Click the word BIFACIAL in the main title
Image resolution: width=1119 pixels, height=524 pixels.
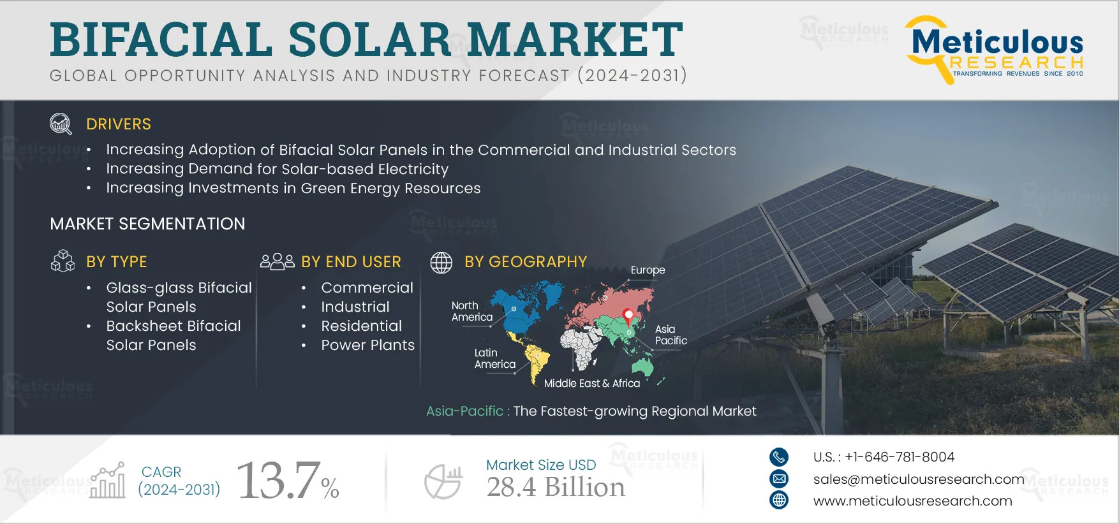tap(162, 40)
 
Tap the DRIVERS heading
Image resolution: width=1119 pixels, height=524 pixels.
tap(119, 124)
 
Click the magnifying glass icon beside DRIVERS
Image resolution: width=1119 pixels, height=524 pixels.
tap(61, 124)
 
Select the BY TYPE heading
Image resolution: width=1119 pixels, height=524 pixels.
tap(117, 262)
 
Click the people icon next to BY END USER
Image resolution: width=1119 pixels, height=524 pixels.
tap(277, 261)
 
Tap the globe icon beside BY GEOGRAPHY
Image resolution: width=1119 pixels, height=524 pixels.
tap(441, 262)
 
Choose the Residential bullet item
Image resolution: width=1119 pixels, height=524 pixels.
tap(362, 326)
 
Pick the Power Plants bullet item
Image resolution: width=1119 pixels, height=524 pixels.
tap(368, 345)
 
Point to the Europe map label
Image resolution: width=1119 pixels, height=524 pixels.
tap(648, 270)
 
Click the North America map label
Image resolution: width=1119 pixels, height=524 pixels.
tap(472, 311)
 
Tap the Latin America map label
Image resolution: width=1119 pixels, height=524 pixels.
tap(494, 358)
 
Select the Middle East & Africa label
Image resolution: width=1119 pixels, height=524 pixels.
tap(592, 383)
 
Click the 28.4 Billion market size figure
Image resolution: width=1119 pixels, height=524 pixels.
tap(556, 488)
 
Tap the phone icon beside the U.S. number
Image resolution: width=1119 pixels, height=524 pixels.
tap(779, 457)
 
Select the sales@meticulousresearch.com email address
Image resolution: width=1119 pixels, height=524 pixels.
tap(919, 479)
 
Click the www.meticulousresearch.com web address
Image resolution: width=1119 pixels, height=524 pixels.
tap(913, 501)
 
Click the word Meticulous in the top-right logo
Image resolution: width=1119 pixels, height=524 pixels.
tap(998, 42)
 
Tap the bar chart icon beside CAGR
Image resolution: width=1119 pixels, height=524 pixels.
tap(108, 480)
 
